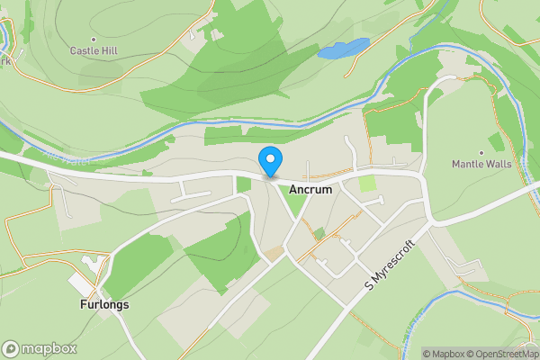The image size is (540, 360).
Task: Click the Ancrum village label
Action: [311, 191]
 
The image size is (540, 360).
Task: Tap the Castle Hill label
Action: [95, 51]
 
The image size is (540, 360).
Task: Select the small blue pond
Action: [343, 49]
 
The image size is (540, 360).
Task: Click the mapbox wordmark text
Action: [49, 348]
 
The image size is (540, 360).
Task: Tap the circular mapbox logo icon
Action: [11, 348]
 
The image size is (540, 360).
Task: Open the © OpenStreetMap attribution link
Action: [506, 354]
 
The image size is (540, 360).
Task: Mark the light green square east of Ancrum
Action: [367, 184]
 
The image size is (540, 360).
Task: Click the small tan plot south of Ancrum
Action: [273, 255]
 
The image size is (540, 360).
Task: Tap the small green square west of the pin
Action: [243, 184]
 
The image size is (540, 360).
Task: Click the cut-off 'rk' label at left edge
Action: [4, 63]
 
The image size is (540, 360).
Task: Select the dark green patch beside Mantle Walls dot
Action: [496, 142]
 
